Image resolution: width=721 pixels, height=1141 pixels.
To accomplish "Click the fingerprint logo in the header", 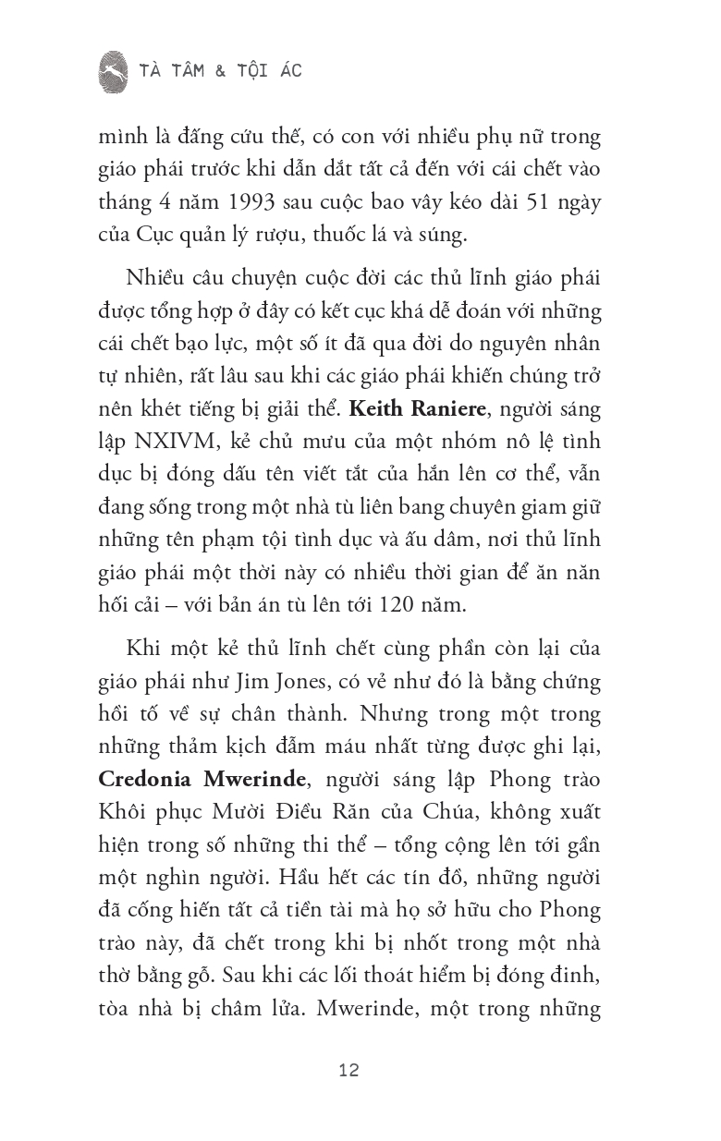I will click(113, 71).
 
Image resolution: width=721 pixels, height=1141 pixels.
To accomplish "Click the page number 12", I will click(348, 1071).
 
